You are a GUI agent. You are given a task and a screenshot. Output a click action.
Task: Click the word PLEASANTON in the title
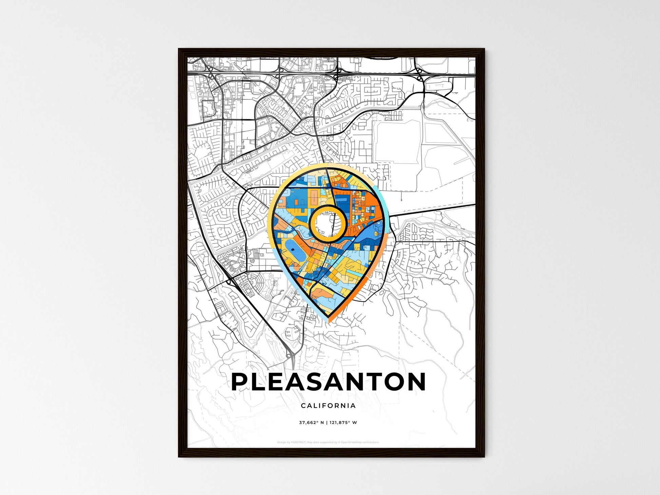[x=328, y=382]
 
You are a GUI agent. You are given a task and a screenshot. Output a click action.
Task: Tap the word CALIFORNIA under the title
[x=328, y=405]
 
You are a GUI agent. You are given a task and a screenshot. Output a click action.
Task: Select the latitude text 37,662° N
[x=311, y=423]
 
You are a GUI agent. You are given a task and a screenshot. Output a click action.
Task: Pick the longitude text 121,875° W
[x=343, y=423]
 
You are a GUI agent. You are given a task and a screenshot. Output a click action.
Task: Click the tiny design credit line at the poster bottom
[x=328, y=442]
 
